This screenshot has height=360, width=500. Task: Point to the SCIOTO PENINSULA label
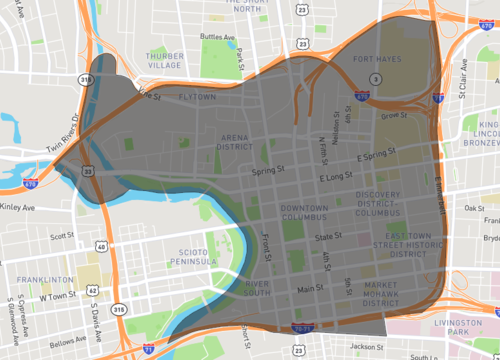click(185, 228)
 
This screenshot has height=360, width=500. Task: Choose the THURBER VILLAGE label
click(165, 61)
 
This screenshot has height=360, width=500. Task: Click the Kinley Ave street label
click(17, 180)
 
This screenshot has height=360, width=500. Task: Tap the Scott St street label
click(63, 208)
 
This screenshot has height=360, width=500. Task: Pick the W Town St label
click(58, 269)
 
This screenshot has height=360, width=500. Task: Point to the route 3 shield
click(374, 78)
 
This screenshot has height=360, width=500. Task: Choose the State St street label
click(329, 237)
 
